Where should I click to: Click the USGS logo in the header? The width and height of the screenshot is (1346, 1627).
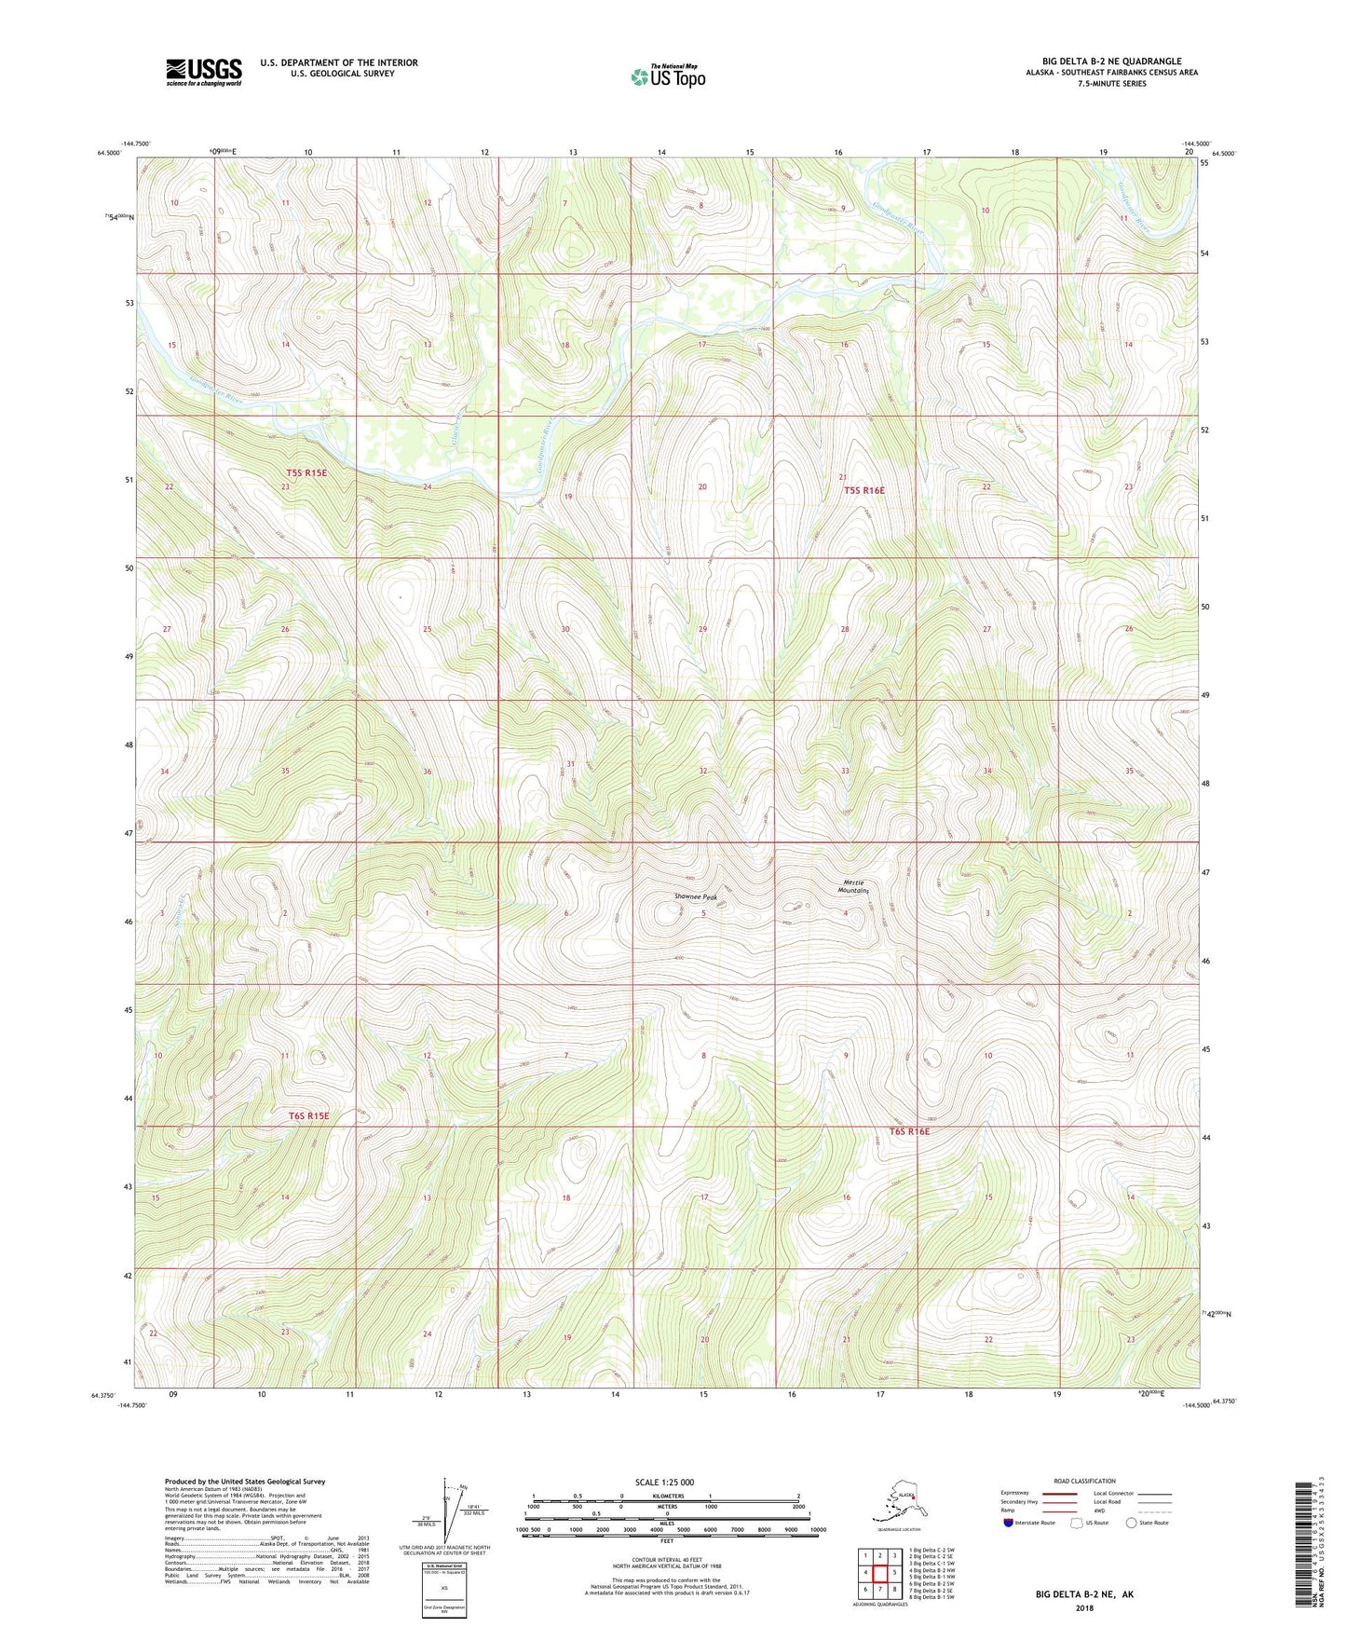[x=203, y=72]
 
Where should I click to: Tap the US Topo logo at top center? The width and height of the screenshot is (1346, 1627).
[x=666, y=75]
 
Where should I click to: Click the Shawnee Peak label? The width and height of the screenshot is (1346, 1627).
[x=696, y=897]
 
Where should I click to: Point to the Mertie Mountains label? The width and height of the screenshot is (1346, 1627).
[x=852, y=886]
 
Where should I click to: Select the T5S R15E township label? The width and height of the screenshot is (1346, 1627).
[x=306, y=473]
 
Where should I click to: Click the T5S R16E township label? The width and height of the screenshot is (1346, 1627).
[x=863, y=490]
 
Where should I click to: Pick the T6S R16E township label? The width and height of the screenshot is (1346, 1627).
[x=909, y=1131]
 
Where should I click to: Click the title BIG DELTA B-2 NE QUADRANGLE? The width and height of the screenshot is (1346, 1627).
[x=1111, y=62]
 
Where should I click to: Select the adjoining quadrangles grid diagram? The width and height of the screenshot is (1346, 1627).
[x=879, y=1574]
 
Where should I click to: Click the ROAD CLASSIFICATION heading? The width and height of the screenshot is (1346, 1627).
[x=1084, y=1481]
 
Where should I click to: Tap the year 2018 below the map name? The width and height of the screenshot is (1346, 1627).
[x=1083, y=1607]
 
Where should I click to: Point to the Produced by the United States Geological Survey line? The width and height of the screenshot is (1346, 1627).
[x=245, y=1481]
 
